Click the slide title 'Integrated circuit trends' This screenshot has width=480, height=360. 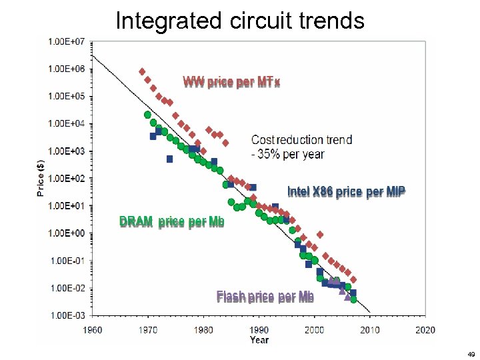coord(240,20)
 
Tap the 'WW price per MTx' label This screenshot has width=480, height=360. coord(231,82)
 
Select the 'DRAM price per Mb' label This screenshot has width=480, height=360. coord(171,222)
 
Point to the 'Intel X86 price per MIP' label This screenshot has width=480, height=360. coord(346,191)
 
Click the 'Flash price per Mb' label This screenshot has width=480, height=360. coord(265,297)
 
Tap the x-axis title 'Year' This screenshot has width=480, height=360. coord(259,340)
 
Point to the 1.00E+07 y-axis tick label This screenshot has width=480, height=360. coord(66,41)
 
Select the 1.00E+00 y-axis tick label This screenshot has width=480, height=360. coord(66,233)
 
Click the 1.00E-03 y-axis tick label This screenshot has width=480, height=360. coord(66,315)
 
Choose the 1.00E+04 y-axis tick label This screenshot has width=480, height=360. coord(66,123)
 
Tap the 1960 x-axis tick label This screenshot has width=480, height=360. coord(93,329)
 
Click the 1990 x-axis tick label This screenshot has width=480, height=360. coord(259,329)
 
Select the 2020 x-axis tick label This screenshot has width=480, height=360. coord(425,329)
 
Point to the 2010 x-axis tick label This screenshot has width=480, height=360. coord(370,329)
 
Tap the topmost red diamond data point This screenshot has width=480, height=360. coord(142,71)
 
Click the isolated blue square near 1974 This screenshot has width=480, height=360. coord(169,159)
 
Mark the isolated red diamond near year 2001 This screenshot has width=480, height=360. coord(320,235)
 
